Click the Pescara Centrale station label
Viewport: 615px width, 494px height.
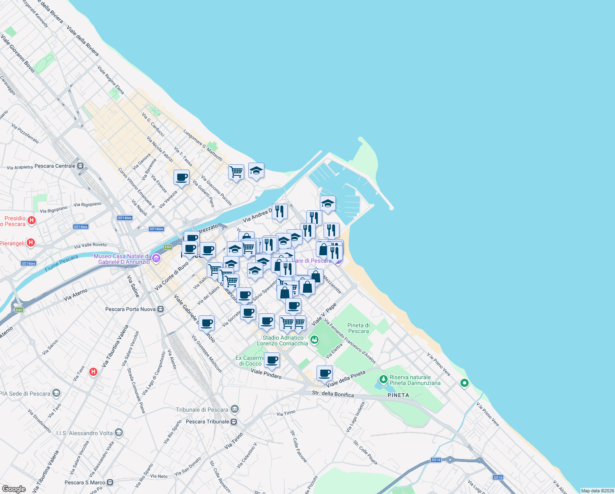(x=55, y=166)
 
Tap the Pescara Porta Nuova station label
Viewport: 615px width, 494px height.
(x=130, y=309)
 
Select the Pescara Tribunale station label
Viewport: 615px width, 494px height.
(x=208, y=422)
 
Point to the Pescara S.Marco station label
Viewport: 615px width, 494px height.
(x=85, y=482)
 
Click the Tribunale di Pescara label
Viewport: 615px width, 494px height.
(x=202, y=410)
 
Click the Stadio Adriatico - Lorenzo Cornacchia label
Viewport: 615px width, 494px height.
(x=282, y=340)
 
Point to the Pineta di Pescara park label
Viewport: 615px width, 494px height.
(x=358, y=328)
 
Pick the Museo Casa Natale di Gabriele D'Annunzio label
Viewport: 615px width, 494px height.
(x=122, y=259)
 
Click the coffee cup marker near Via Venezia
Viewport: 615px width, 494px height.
(x=181, y=178)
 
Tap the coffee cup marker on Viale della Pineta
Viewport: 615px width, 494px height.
(x=324, y=373)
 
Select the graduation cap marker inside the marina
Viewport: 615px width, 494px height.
(x=328, y=203)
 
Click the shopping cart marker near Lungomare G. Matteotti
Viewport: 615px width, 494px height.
(x=236, y=172)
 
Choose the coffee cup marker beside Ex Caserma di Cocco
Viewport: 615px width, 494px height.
(x=272, y=360)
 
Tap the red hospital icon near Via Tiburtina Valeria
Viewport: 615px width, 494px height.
(x=93, y=372)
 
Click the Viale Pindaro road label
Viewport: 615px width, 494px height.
(x=266, y=374)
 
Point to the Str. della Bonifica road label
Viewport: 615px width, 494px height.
(x=333, y=394)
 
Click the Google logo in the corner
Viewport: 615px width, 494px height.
(x=14, y=489)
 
